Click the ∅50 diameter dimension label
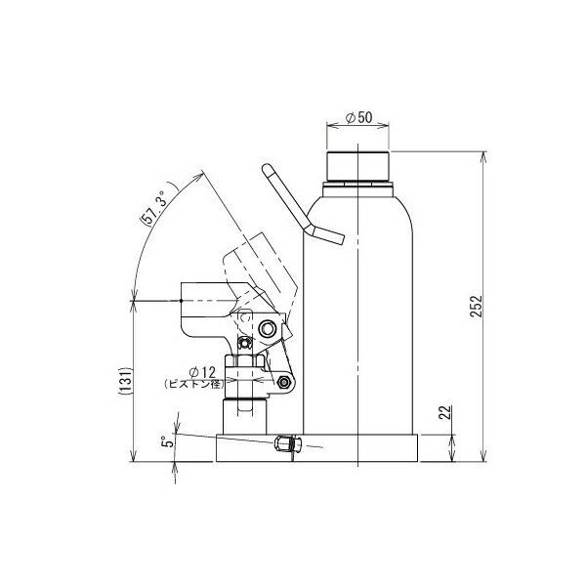(359, 118)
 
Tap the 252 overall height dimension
(477, 307)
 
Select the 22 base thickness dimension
(445, 412)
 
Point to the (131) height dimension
(126, 381)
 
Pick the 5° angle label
(168, 441)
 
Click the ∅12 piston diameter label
(202, 372)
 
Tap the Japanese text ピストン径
(194, 384)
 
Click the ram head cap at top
(357, 166)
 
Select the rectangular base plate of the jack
(316, 447)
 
